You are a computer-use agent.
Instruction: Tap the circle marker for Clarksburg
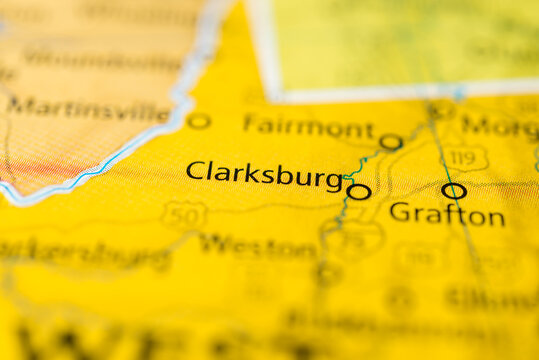coord(359,191)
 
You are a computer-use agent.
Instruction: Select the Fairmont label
coord(308,127)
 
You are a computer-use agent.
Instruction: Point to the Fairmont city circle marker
coord(391,142)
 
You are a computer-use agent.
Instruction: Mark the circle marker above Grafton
coord(454,190)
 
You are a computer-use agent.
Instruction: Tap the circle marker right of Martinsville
coord(199,121)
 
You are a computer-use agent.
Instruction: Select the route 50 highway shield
coord(184,214)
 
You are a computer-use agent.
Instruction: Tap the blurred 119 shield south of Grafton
coord(421,258)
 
